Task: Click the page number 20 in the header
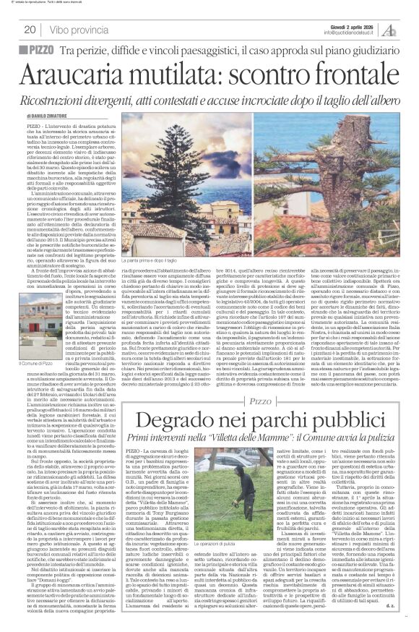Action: tap(30, 29)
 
